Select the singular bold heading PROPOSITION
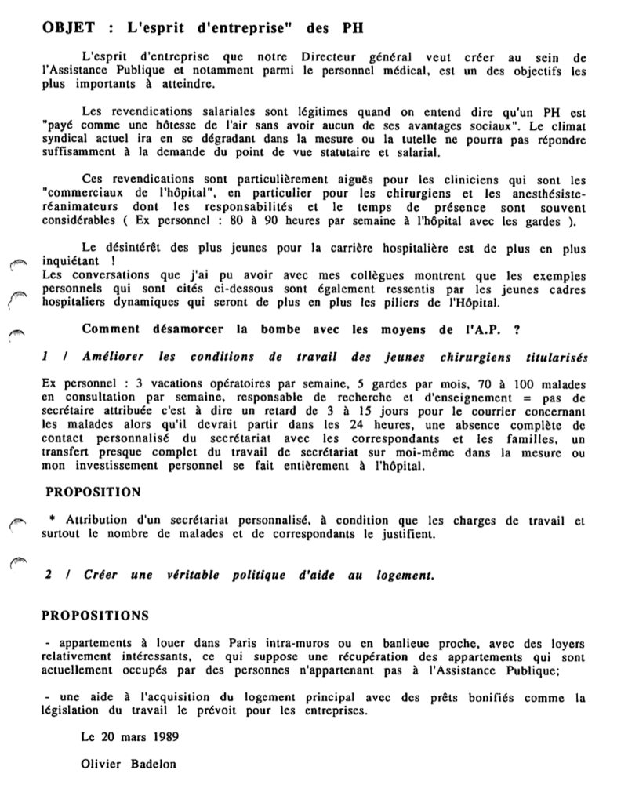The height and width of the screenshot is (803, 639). (x=93, y=492)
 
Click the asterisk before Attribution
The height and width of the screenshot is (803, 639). (x=51, y=519)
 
